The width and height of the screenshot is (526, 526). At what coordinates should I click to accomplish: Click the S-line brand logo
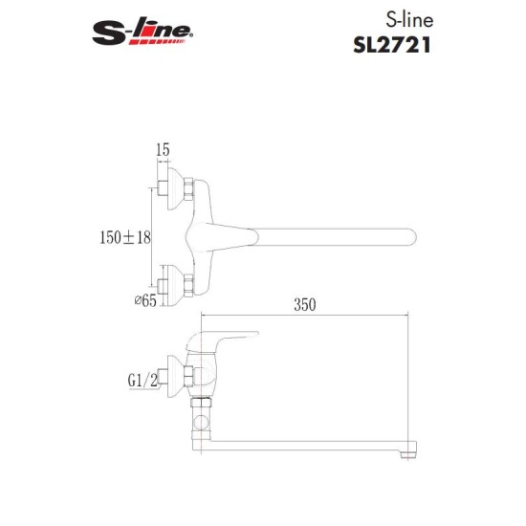tap(142, 31)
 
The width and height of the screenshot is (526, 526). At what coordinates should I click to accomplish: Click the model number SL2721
tap(392, 45)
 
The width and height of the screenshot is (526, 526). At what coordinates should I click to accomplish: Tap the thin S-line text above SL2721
tap(409, 20)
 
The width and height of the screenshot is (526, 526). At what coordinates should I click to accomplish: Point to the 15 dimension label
tap(163, 149)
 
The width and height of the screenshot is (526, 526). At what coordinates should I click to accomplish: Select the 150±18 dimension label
tap(125, 237)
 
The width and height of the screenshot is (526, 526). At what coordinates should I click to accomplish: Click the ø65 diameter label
tap(145, 300)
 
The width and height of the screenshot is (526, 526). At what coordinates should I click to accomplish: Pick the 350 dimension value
tap(304, 304)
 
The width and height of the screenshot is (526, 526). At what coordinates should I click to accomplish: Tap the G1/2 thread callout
tap(142, 381)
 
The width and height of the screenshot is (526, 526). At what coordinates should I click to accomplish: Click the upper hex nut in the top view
tap(188, 188)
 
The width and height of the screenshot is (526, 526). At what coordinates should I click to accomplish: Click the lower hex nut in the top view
tap(188, 285)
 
